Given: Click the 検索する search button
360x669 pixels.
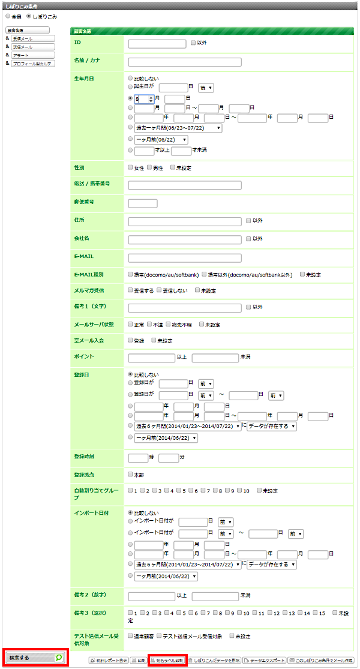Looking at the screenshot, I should (34, 658).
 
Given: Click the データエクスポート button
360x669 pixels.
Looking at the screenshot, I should (263, 659).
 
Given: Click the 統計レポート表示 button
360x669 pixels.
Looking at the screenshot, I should (108, 659).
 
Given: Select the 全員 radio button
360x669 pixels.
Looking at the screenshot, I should (7, 16).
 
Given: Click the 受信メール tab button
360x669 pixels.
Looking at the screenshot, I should (33, 38).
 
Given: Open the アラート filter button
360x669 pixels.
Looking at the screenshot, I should (33, 55).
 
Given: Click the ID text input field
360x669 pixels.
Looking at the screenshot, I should (157, 43).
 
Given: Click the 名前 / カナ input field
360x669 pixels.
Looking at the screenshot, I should (185, 62).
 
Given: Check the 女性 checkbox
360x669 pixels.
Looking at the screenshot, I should (130, 168).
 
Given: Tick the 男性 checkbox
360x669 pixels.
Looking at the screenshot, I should (149, 168).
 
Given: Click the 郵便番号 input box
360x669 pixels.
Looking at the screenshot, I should (143, 203).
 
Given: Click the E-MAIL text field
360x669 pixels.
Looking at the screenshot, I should (185, 258).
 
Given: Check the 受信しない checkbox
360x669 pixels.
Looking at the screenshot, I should (159, 290).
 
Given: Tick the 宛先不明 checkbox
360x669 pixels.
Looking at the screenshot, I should (169, 325).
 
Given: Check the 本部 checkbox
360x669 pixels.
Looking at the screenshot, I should (130, 474).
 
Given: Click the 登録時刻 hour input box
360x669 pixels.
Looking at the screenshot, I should (138, 458).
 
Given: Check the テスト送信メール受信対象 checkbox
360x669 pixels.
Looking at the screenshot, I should (159, 636).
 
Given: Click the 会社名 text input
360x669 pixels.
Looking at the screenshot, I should (185, 239).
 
